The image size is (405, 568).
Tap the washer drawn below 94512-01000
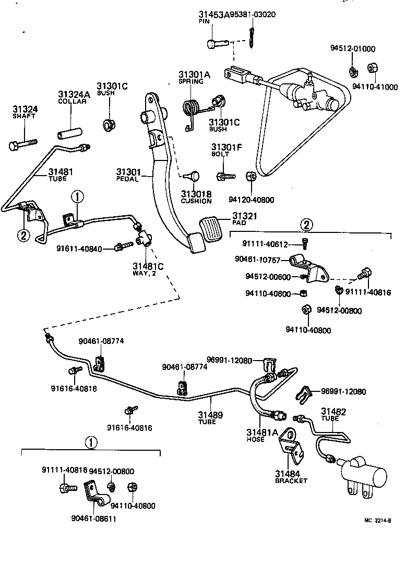click(353, 70)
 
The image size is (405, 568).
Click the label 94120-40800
click(251, 200)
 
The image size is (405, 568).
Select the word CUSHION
click(196, 201)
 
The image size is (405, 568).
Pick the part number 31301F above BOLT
click(226, 147)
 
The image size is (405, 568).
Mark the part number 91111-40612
click(265, 244)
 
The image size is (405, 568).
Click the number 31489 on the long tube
click(210, 415)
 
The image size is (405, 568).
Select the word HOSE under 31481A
click(256, 439)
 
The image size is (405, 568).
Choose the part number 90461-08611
click(92, 518)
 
